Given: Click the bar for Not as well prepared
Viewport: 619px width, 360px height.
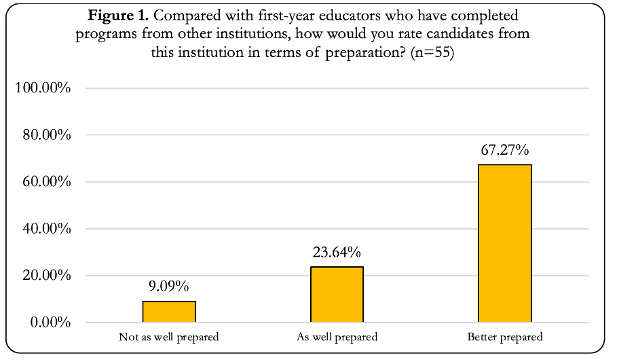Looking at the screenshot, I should point(169,312).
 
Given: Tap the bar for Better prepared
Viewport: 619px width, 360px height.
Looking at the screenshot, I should point(505,243).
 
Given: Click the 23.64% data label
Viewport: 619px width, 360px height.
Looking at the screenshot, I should point(337,253).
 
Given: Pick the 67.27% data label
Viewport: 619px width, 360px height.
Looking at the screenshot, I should point(505,150).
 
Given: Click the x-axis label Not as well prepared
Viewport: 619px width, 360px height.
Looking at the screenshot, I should point(169,337).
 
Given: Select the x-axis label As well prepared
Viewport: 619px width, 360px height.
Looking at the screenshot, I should point(337,337).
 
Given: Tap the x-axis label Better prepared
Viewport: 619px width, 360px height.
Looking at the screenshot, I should point(505,337).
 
